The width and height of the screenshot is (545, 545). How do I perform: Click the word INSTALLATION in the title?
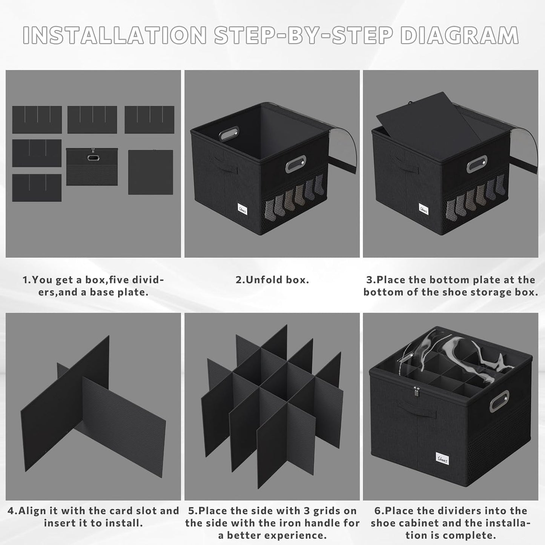(115, 35)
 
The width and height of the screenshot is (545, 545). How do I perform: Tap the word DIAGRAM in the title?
(460, 35)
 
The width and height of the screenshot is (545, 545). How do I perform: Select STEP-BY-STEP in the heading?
(304, 35)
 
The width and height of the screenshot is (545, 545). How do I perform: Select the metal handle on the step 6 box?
(499, 401)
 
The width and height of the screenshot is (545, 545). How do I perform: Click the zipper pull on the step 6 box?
(416, 392)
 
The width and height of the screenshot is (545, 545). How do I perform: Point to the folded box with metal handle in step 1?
(92, 167)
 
